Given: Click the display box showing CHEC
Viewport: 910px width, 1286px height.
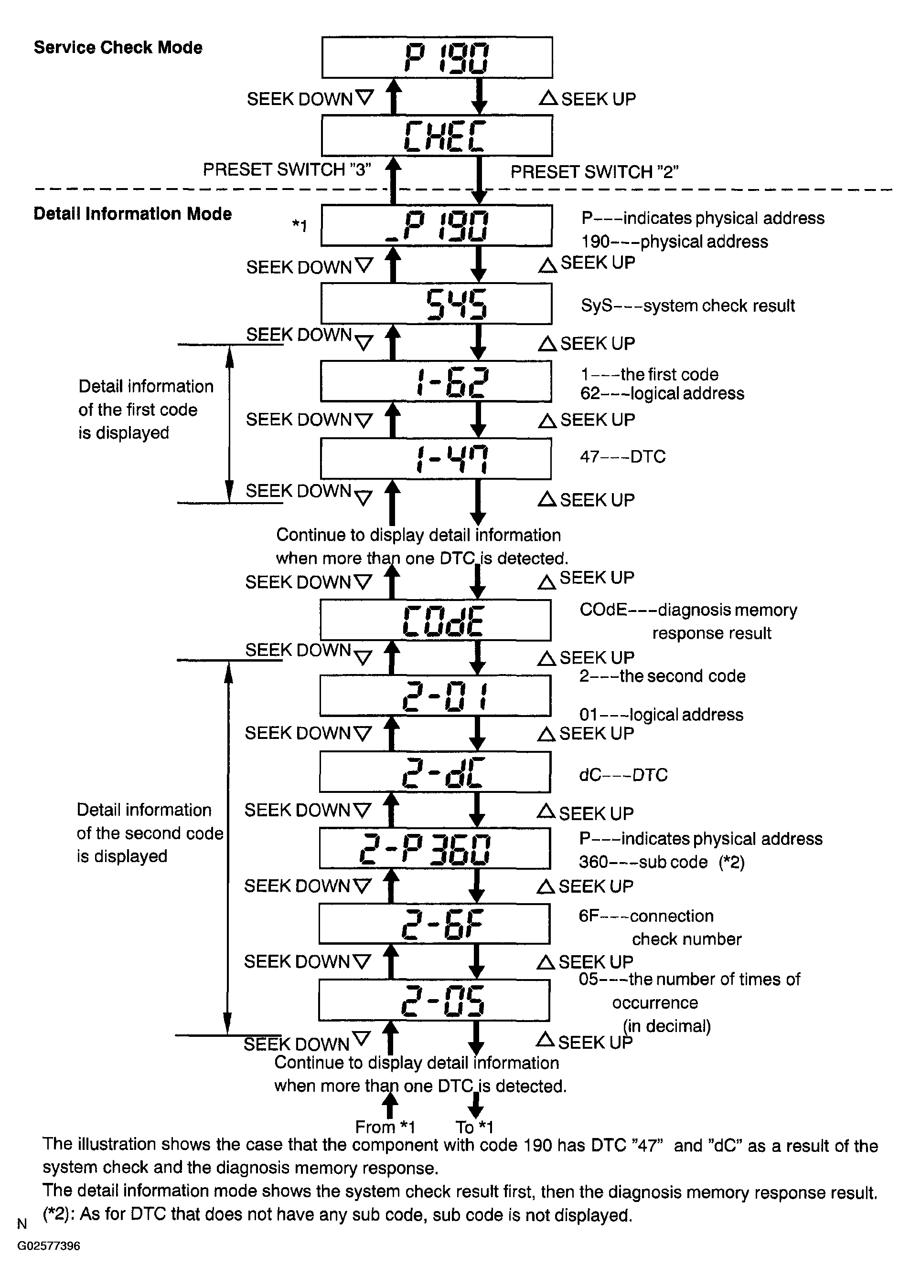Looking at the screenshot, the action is tap(437, 136).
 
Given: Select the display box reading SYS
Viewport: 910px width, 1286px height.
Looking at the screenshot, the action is tap(437, 304).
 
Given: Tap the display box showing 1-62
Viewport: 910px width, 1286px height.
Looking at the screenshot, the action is tap(436, 381).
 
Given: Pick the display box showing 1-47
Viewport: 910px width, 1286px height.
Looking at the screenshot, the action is tap(436, 459).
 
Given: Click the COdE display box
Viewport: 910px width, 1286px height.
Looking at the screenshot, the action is tap(435, 620).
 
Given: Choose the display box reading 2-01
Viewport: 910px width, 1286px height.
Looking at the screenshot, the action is tap(435, 696).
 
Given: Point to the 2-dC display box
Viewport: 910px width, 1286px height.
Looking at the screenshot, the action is tap(435, 772).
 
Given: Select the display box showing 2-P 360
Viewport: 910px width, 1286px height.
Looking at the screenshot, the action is tap(435, 848).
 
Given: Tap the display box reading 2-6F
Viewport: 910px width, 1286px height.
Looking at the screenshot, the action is tap(434, 924).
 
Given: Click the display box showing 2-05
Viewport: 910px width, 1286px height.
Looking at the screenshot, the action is tap(434, 1001).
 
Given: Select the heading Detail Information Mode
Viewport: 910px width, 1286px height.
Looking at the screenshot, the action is tap(133, 214).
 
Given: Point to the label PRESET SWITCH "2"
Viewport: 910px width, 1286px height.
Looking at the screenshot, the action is tap(595, 171).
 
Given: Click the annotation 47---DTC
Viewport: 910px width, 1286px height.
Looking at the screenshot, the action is tap(622, 456).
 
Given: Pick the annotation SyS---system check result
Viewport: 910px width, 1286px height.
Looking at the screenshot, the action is tap(688, 306).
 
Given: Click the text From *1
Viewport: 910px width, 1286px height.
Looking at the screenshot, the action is tap(385, 1127).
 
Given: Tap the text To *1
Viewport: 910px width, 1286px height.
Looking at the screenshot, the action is tap(474, 1127).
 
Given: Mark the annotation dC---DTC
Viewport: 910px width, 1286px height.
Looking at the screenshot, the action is tap(623, 775).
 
